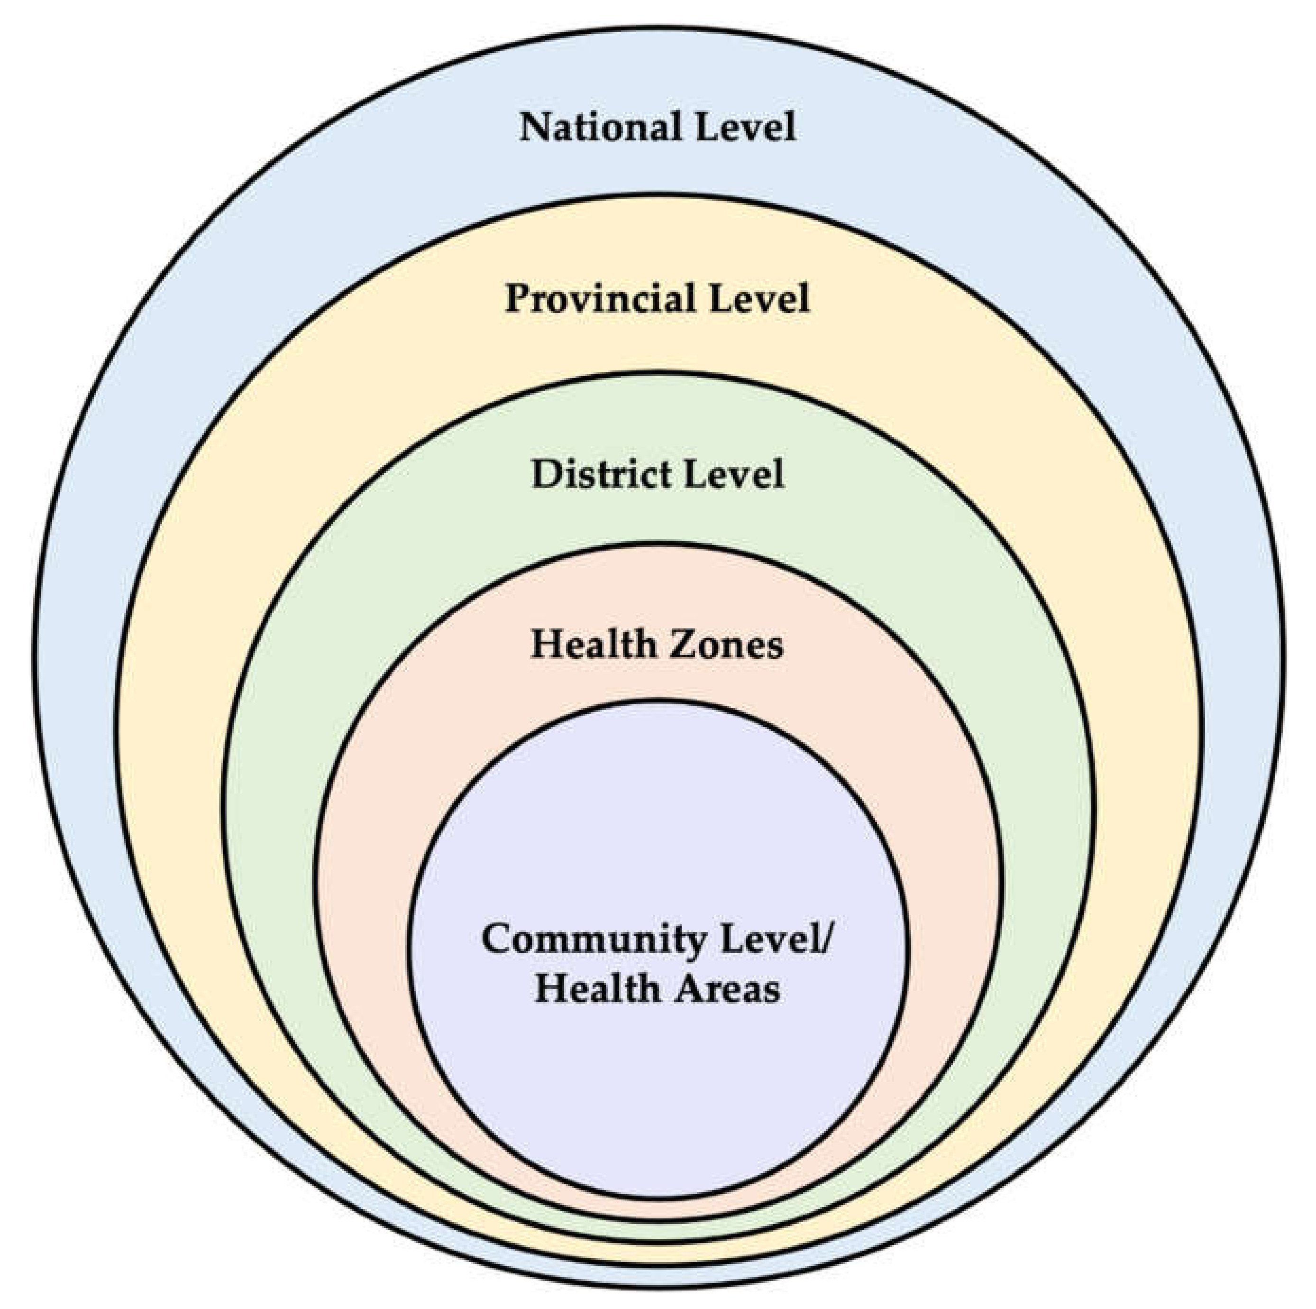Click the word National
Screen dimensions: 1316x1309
click(599, 128)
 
